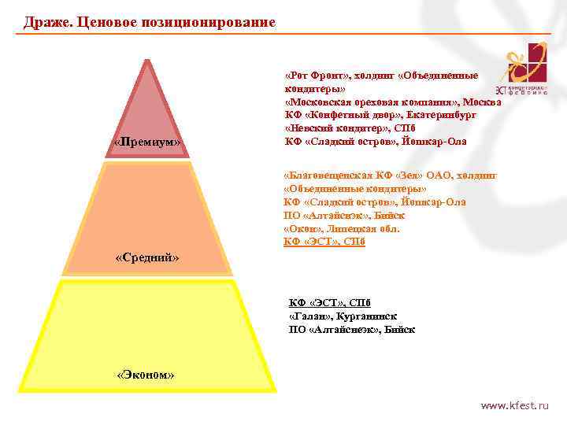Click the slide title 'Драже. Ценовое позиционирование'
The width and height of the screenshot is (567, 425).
click(150, 22)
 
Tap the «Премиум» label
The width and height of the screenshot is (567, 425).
click(147, 142)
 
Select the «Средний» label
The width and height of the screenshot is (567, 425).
click(147, 257)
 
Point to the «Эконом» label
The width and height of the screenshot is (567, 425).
click(145, 375)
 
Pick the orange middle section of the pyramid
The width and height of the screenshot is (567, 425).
click(147, 213)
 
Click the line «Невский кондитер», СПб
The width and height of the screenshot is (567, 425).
click(350, 128)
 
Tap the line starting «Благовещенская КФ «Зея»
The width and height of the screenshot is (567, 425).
click(390, 176)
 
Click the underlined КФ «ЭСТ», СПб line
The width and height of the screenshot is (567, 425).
click(324, 242)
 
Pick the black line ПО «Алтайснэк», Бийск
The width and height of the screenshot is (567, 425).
click(352, 329)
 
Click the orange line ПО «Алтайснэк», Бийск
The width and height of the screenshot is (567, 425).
click(344, 215)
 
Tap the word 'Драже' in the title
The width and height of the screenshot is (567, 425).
click(46, 22)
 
